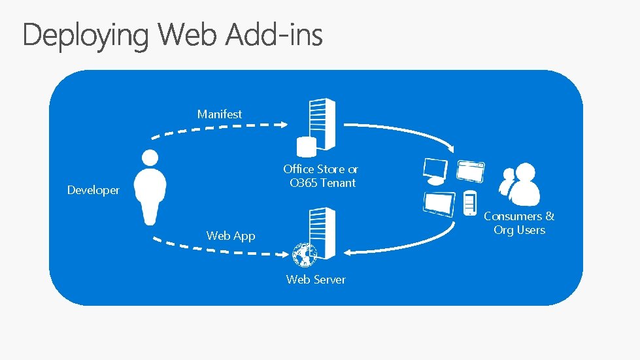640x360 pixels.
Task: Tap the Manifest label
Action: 220,114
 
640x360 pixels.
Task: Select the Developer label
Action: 93,190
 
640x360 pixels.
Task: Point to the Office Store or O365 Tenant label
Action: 321,176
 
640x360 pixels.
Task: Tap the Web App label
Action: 231,235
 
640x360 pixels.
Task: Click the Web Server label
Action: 316,279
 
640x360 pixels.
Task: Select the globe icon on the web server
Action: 303,255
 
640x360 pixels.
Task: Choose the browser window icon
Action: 471,171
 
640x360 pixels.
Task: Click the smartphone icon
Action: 469,203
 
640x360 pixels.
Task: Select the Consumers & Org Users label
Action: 519,223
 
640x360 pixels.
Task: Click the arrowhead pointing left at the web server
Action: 349,252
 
